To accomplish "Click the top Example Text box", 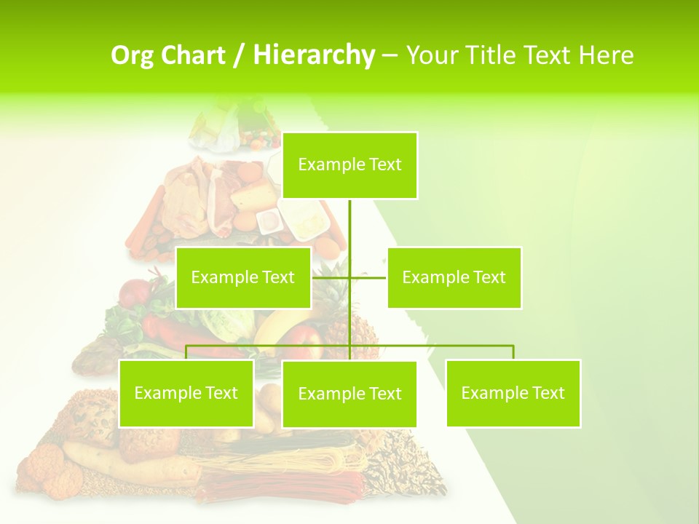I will [x=349, y=165].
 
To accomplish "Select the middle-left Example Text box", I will [x=243, y=277].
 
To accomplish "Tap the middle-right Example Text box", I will [x=454, y=277].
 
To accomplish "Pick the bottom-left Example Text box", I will [x=186, y=393].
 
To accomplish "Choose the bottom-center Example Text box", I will [x=349, y=394].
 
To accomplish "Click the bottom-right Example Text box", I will [x=513, y=393].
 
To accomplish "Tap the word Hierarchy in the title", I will [x=314, y=55].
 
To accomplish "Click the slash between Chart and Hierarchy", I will [x=239, y=55].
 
